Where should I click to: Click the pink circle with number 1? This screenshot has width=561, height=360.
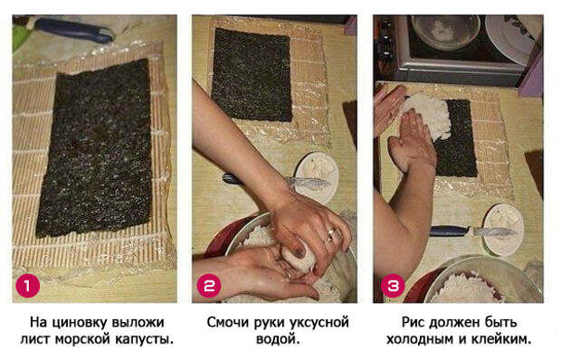[x=28, y=286]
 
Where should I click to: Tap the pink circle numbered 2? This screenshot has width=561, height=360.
[x=209, y=286]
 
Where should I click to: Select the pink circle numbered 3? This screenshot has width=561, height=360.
[x=393, y=286]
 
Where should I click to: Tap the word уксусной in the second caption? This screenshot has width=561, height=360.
[x=319, y=323]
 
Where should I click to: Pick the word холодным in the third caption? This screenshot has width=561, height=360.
[x=420, y=339]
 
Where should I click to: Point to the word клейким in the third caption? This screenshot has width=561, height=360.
[x=499, y=339]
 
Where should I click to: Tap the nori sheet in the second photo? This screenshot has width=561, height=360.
[x=252, y=75]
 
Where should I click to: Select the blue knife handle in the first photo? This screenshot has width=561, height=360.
[x=74, y=30]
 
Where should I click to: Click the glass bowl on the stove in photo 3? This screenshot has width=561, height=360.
[x=446, y=33]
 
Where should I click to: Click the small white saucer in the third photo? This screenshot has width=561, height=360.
[x=503, y=230]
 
